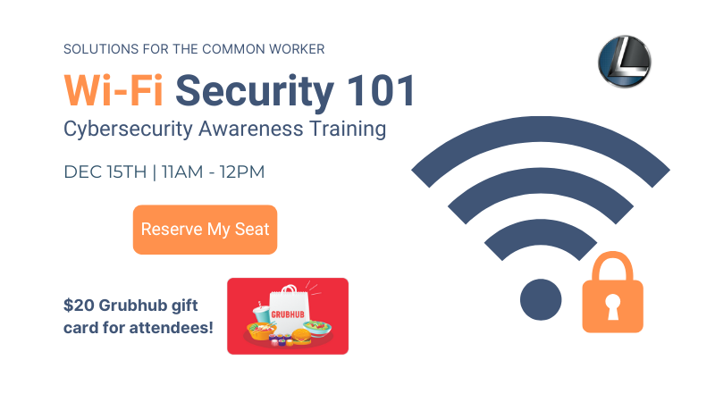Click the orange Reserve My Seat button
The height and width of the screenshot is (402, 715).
point(205,230)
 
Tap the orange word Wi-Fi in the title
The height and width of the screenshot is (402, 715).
point(114,91)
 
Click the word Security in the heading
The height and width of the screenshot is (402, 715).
point(255,93)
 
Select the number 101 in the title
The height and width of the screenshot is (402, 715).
point(381,91)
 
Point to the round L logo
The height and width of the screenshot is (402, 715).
point(624,62)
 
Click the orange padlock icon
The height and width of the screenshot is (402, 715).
point(612,293)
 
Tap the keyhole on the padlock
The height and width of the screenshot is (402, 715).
point(612,306)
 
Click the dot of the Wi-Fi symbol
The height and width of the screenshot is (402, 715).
point(541,299)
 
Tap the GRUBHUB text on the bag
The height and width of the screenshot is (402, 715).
point(288,314)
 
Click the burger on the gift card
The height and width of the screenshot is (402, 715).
point(301,337)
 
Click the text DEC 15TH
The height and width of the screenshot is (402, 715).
point(105,172)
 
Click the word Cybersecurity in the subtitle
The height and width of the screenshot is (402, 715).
point(128,130)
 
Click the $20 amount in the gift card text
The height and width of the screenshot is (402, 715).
point(79,305)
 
